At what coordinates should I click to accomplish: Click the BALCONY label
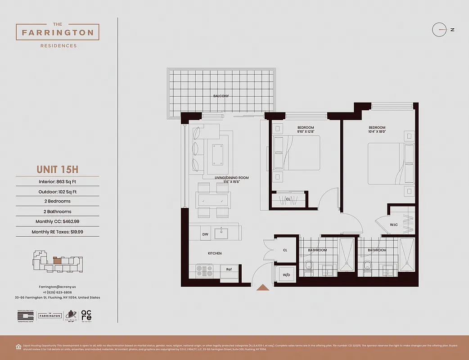221,96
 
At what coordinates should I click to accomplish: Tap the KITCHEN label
215,253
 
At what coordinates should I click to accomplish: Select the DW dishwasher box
205,234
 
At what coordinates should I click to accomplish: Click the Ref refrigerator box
229,270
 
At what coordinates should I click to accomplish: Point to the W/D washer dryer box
286,274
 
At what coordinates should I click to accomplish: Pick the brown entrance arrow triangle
262,288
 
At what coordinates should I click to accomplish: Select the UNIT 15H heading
58,170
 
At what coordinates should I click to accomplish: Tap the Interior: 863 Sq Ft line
58,182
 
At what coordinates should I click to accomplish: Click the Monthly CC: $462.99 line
58,222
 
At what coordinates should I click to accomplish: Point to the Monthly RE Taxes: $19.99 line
58,232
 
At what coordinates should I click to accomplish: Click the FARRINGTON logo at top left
58,32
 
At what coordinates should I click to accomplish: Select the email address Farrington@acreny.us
57,287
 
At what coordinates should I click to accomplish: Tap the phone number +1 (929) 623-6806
57,292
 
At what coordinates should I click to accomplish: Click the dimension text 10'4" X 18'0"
377,132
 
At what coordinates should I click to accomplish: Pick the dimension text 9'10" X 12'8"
306,132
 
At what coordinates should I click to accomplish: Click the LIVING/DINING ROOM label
231,178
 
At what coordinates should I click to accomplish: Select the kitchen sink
221,233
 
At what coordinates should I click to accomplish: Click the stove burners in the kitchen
204,270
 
